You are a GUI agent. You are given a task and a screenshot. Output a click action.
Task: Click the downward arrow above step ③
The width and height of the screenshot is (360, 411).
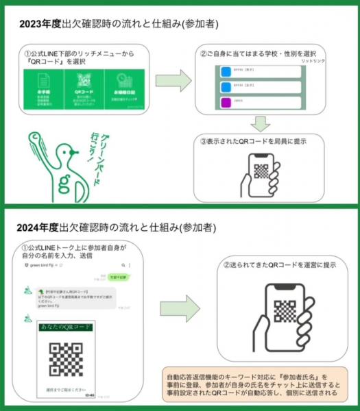260,123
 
